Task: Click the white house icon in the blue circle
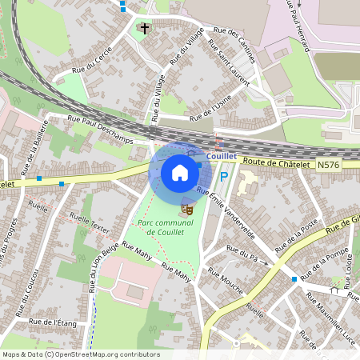point(180,172)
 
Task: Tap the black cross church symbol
point(144,28)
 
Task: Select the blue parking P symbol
point(224,178)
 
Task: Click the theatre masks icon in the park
point(188,208)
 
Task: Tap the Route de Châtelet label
point(275,162)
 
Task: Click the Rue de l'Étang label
point(52,322)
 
